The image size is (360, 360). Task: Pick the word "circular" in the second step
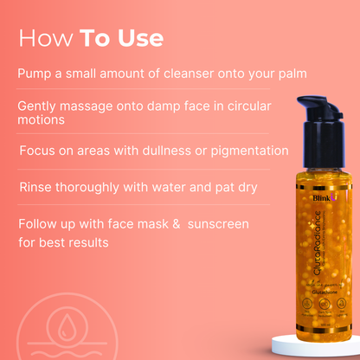[243, 106]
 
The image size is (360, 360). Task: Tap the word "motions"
[42, 120]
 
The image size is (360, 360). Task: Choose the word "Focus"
[40, 151]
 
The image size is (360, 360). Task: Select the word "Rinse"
[39, 186]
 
